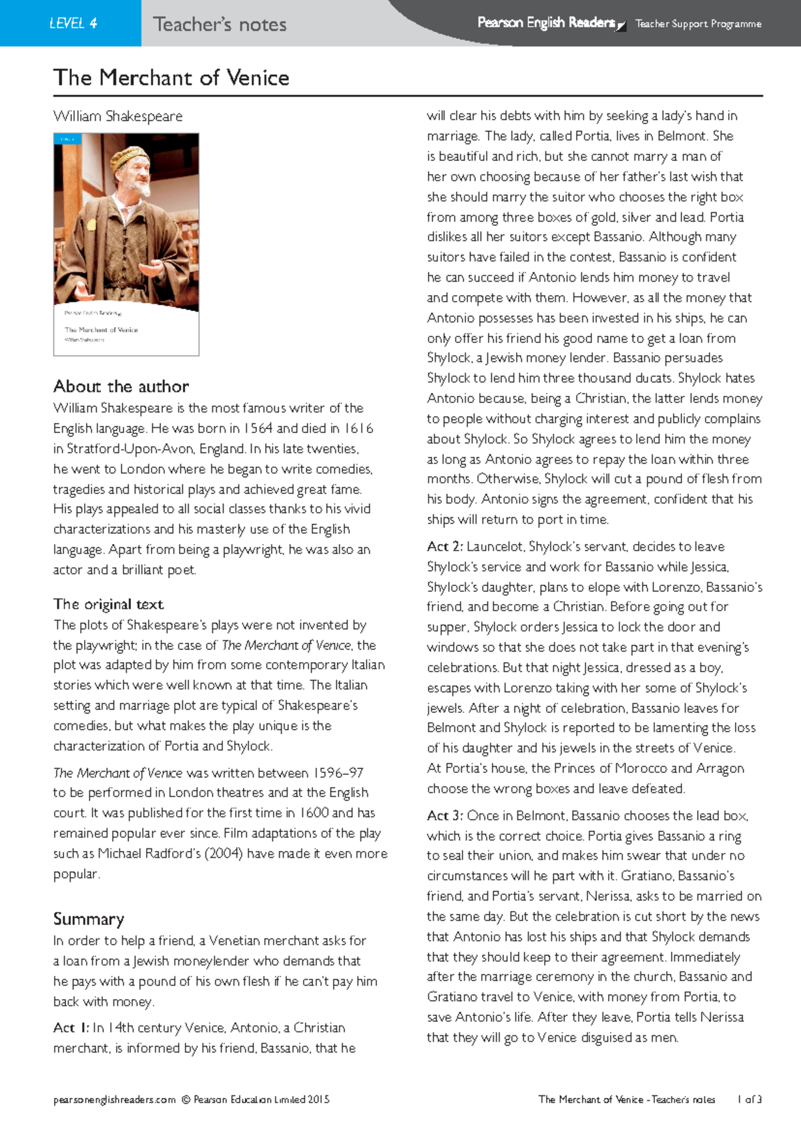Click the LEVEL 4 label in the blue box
(73, 23)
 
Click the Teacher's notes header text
(220, 25)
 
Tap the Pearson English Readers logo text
(546, 23)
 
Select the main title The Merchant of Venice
(172, 77)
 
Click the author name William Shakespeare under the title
(118, 116)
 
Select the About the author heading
(121, 386)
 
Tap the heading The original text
(108, 605)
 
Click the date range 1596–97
(338, 773)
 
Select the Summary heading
(88, 919)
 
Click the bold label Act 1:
(71, 1028)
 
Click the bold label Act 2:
(445, 547)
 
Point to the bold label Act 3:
(445, 816)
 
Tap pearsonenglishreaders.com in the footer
(114, 1099)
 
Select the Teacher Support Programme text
(698, 24)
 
